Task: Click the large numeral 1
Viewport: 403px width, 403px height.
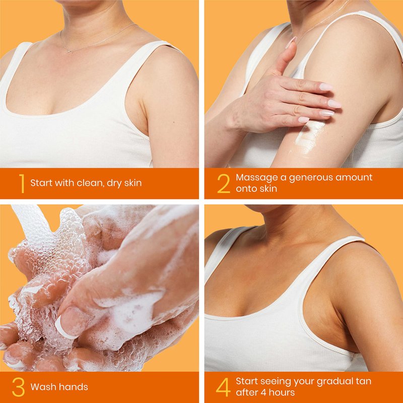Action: (x=22, y=183)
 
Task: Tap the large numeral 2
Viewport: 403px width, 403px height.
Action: (x=224, y=183)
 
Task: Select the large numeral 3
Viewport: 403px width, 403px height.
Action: (x=18, y=387)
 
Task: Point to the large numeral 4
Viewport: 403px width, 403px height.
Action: (x=223, y=387)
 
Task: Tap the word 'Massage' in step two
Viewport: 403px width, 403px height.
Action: (x=253, y=178)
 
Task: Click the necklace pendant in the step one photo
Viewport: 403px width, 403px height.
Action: (x=70, y=51)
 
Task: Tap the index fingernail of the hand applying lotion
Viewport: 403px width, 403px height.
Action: (x=326, y=87)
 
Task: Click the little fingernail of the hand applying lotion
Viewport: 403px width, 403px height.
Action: (x=304, y=119)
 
